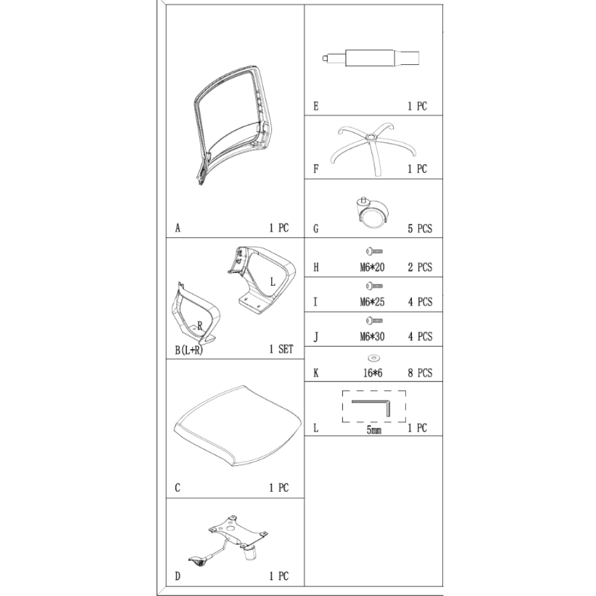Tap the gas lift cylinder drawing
click(x=371, y=58)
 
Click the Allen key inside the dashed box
click(x=388, y=408)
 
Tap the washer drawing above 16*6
click(x=374, y=358)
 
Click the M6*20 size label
click(x=372, y=268)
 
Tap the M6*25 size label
click(x=372, y=302)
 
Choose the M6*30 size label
click(x=372, y=337)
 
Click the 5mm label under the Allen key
click(x=374, y=430)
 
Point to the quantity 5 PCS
click(x=420, y=229)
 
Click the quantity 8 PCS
click(x=420, y=373)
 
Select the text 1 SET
click(x=281, y=349)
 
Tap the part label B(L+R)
click(x=189, y=350)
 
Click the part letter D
click(x=178, y=576)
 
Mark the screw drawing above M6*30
click(x=374, y=321)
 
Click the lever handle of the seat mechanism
click(x=199, y=561)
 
